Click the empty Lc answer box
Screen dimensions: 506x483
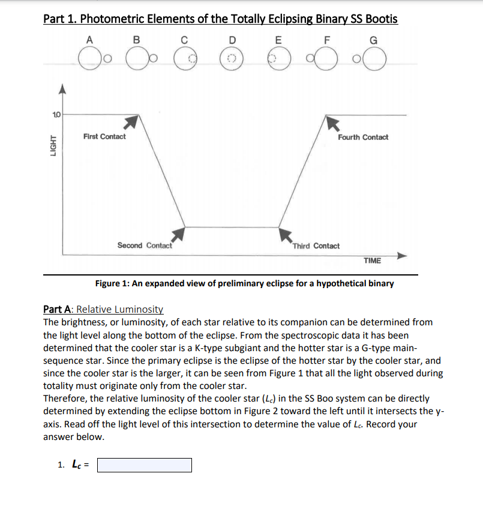[x=145, y=465]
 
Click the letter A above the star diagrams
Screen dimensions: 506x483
[x=89, y=40]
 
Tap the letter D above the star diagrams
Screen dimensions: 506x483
[x=232, y=40]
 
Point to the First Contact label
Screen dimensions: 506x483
[x=104, y=137]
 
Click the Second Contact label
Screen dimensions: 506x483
[x=145, y=245]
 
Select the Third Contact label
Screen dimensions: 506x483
[x=316, y=246]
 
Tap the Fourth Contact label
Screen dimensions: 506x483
[x=363, y=137]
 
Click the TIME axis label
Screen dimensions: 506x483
[x=372, y=260]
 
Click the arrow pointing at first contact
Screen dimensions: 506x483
[x=131, y=122]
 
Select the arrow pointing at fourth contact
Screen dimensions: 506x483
[x=332, y=122]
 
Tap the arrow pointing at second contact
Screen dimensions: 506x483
[x=178, y=234]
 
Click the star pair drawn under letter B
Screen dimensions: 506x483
[x=140, y=58]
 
